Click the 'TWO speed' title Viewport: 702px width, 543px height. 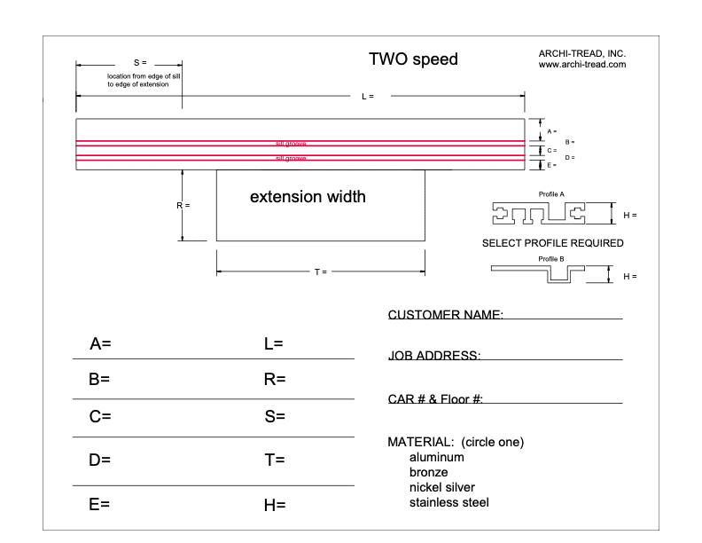413,60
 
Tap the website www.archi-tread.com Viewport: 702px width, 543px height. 582,64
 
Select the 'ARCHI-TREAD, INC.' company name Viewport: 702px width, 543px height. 582,53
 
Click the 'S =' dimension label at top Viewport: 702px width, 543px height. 139,63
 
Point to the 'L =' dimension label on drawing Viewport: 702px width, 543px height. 368,96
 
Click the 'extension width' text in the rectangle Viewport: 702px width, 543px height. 308,196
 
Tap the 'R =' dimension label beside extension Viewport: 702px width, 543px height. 183,205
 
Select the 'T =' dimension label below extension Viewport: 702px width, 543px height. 320,271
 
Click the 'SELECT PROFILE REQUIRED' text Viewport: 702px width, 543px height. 552,242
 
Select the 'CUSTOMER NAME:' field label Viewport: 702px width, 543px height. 446,315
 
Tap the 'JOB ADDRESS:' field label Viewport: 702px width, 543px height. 434,356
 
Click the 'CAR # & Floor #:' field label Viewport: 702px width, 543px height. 435,399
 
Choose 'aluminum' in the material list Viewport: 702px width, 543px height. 436,458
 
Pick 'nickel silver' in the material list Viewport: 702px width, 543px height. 441,488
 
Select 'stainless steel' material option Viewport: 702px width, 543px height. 448,503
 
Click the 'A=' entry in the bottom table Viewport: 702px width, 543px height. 99,343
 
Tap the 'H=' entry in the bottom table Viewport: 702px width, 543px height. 275,505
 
